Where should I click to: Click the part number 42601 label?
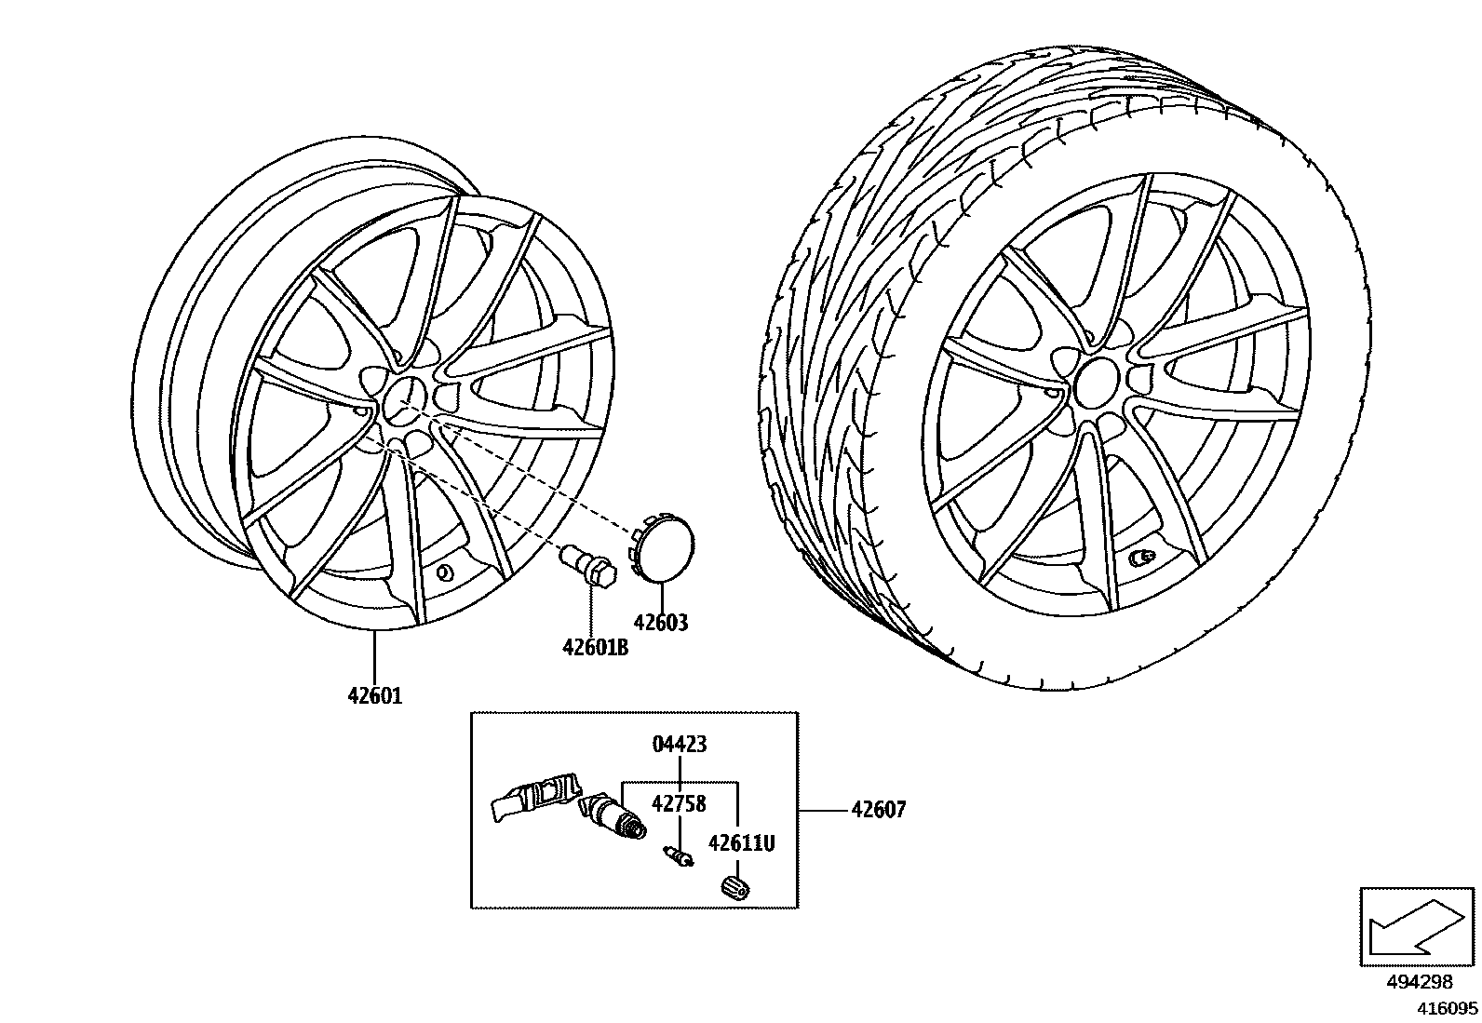pyautogui.click(x=374, y=695)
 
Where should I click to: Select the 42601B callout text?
pyautogui.click(x=594, y=647)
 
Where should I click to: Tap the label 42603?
pyautogui.click(x=660, y=623)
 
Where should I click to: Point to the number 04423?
pyautogui.click(x=680, y=744)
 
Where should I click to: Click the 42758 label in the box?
pyautogui.click(x=679, y=803)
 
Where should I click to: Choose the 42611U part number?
pyautogui.click(x=741, y=843)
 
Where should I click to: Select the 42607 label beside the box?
pyautogui.click(x=878, y=811)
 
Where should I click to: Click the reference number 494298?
pyautogui.click(x=1420, y=982)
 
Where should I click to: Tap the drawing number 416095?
pyautogui.click(x=1447, y=1007)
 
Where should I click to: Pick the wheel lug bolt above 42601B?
pyautogui.click(x=586, y=566)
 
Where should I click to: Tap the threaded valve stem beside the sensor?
pyautogui.click(x=614, y=815)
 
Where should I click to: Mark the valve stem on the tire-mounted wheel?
pyautogui.click(x=1139, y=559)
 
